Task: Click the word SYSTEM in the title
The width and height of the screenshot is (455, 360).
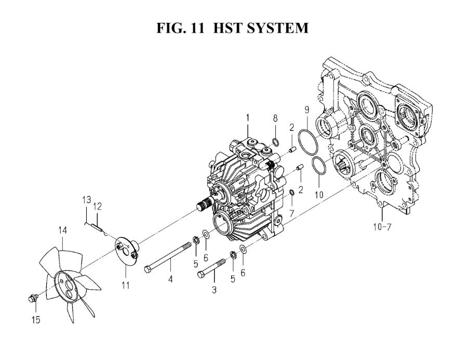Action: (277, 28)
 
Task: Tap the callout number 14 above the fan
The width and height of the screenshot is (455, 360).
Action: (62, 230)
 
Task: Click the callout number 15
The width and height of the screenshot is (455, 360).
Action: (36, 320)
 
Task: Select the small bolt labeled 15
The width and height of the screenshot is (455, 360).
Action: (33, 298)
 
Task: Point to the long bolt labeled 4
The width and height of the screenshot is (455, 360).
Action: (168, 257)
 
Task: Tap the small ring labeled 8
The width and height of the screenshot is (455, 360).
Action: (276, 142)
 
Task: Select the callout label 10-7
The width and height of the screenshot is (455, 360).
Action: (382, 226)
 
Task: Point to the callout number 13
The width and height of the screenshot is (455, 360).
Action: (86, 200)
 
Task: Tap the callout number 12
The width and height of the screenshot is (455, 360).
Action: (98, 207)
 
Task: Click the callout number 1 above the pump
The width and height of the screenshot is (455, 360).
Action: (248, 118)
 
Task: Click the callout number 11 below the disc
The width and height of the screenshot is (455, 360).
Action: (125, 285)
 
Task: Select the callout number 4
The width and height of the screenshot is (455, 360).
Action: (170, 279)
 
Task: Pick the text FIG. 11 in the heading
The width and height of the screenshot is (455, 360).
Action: (180, 28)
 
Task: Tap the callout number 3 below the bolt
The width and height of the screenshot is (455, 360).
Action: (214, 290)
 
